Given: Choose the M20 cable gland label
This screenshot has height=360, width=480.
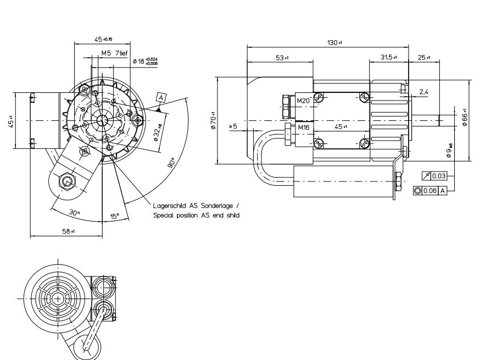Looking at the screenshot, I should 303,101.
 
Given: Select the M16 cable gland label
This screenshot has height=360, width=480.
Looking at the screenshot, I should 303,128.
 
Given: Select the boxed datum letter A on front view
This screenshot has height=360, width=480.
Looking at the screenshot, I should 160,97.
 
